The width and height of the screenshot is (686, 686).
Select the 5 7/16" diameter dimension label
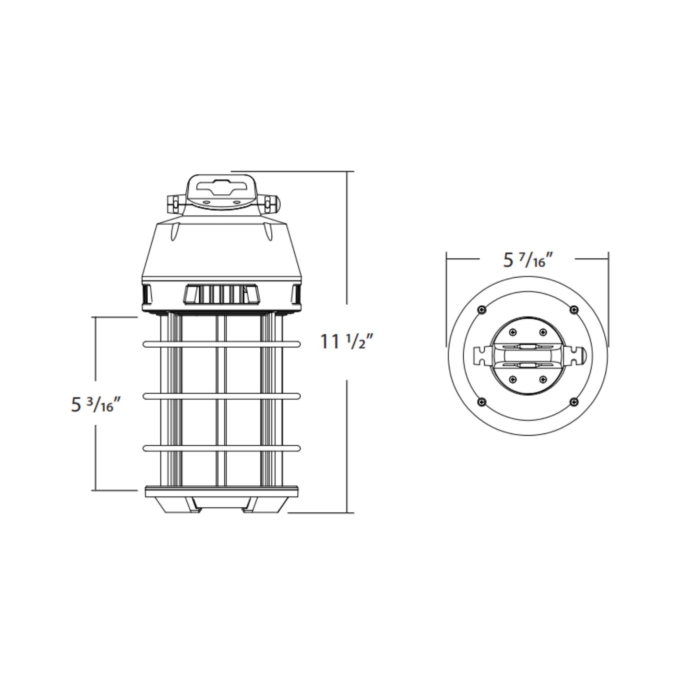(528, 260)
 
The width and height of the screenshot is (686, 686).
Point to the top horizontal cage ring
(222, 344)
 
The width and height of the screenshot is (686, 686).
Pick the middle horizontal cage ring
(222, 396)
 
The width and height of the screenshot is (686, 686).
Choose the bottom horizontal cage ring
(222, 448)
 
